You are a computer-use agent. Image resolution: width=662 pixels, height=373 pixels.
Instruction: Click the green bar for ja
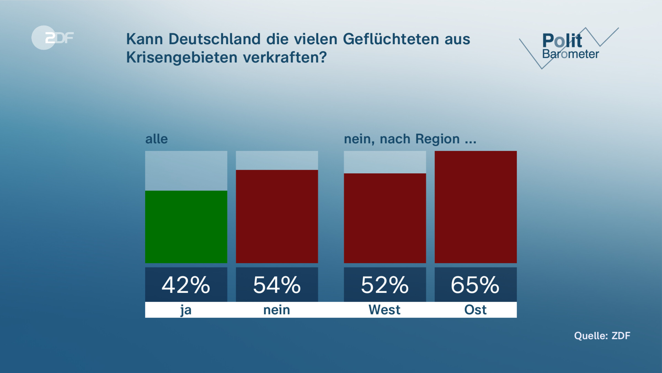[186, 227]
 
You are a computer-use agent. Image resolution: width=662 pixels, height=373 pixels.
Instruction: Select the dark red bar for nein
[277, 216]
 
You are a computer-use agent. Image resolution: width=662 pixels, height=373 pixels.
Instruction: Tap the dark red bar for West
[385, 218]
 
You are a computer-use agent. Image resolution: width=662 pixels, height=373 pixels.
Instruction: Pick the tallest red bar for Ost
[476, 207]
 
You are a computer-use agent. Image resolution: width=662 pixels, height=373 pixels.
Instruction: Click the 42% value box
[186, 285]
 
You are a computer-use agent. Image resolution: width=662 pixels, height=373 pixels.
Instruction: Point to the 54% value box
[277, 285]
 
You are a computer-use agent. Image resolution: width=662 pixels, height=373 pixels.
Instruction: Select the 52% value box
[385, 285]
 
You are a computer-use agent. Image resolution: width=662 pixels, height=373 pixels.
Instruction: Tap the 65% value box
[476, 285]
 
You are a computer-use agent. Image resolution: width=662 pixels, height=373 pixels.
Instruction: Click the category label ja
[186, 310]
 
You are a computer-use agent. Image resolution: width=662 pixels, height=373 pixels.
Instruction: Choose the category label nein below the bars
[277, 310]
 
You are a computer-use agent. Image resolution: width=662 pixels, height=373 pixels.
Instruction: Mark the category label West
[384, 310]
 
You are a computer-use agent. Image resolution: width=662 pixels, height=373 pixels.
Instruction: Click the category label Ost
[475, 310]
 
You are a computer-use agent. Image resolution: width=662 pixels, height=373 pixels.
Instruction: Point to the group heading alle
[156, 139]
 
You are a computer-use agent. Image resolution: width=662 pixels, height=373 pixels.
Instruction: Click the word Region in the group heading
[437, 139]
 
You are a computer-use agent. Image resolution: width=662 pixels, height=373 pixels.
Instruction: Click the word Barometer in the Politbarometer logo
[570, 54]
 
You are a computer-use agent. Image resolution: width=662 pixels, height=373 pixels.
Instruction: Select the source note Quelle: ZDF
[602, 336]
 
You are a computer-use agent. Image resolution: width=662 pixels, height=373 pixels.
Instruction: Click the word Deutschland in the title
[214, 39]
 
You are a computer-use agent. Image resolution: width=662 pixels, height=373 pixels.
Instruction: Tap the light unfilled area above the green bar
[186, 170]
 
